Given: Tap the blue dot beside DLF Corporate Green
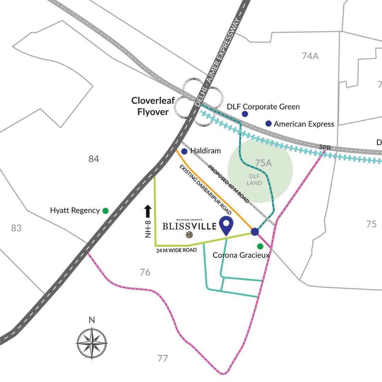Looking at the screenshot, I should point(245,114).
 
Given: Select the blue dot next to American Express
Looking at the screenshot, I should point(268,123).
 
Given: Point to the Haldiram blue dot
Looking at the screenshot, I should point(184,151).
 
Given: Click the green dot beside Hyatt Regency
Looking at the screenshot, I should point(105,211).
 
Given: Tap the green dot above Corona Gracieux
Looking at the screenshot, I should point(260,246).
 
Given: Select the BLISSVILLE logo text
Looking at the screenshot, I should point(189,226).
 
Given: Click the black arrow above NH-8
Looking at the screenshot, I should point(147,212).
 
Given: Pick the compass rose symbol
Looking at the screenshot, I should point(92,342).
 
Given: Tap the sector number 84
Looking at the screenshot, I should point(94,159).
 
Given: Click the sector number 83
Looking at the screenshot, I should point(16,228).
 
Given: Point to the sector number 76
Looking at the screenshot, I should point(145,272).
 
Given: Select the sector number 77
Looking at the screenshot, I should point(162,359).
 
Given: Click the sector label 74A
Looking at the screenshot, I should point(310,56).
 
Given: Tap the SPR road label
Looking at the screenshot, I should point(324,147).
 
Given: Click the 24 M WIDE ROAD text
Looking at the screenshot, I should point(176,250).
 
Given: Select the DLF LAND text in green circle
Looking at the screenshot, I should point(254,180).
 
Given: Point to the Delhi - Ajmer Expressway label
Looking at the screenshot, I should point(218,63).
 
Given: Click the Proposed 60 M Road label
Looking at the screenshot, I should point(228,184).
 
